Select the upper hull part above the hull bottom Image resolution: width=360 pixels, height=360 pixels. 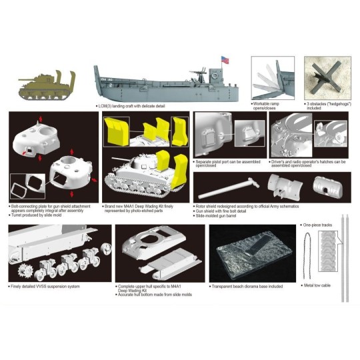pyautogui.click(x=150, y=243)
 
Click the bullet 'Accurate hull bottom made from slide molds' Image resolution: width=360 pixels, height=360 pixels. pyautogui.click(x=155, y=295)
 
